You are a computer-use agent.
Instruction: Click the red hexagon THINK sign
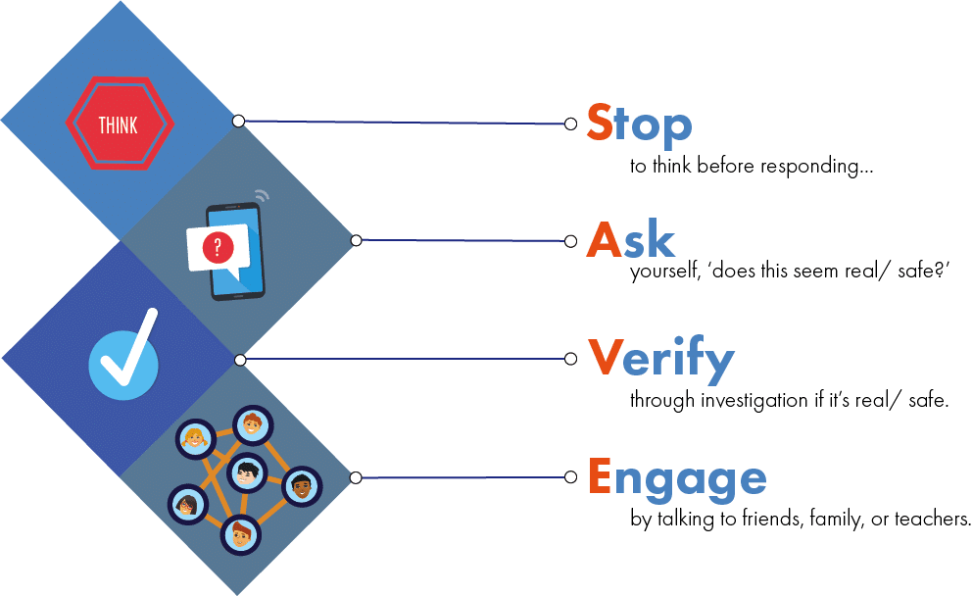pyautogui.click(x=119, y=124)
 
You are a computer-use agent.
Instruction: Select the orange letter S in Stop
pyautogui.click(x=600, y=124)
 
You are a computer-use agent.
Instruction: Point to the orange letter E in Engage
pyautogui.click(x=600, y=477)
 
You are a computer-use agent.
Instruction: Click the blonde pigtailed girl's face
pyautogui.click(x=194, y=438)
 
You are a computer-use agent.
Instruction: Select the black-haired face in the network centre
pyautogui.click(x=248, y=472)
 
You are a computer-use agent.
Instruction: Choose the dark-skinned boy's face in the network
pyautogui.click(x=302, y=485)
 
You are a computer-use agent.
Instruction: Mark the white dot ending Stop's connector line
pyautogui.click(x=571, y=124)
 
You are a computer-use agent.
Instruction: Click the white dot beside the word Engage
pyautogui.click(x=571, y=477)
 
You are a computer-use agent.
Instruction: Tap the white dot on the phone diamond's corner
pyautogui.click(x=356, y=240)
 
